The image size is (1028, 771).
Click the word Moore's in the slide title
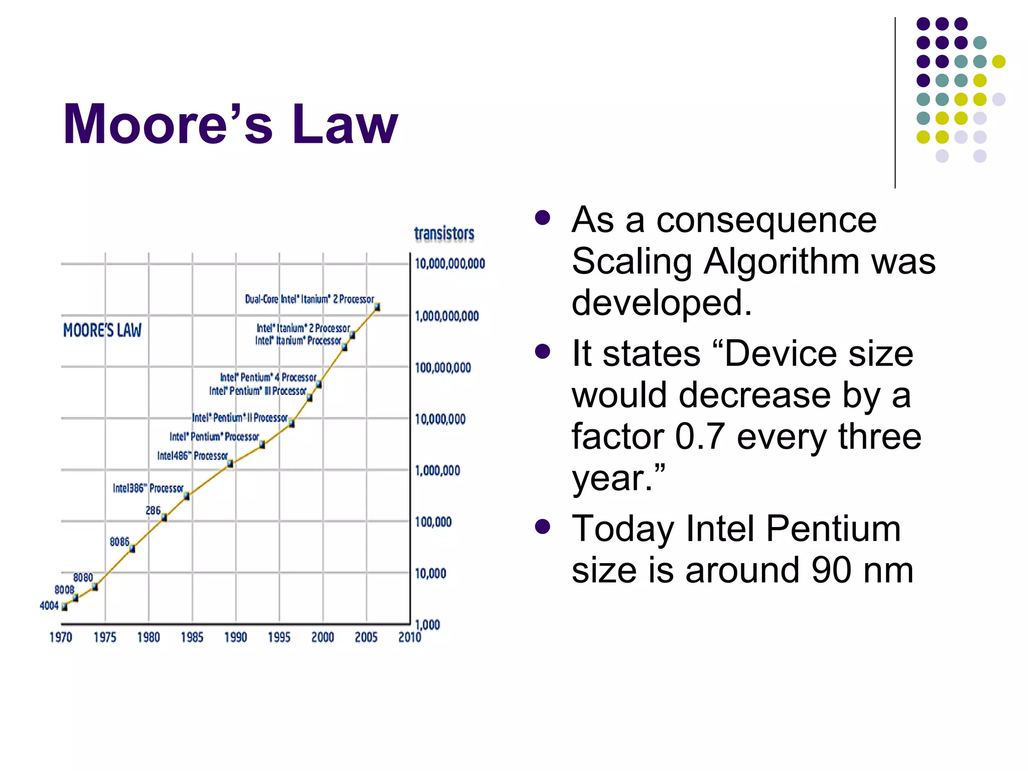click(168, 124)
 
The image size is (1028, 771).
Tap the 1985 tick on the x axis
click(192, 637)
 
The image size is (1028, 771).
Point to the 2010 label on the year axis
click(410, 637)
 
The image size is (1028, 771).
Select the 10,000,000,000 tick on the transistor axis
click(450, 264)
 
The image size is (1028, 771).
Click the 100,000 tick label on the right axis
click(433, 522)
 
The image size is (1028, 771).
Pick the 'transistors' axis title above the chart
click(444, 233)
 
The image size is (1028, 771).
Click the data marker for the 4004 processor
click(64, 607)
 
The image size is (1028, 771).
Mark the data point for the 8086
click(132, 549)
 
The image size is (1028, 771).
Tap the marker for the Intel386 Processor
click(186, 496)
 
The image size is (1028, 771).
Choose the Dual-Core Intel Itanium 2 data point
click(377, 307)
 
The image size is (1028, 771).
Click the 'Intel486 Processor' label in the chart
click(192, 456)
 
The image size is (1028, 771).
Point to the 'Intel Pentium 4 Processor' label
click(268, 377)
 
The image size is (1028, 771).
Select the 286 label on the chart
click(153, 510)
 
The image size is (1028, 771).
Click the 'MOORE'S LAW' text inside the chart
click(102, 330)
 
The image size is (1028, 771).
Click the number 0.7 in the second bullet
click(700, 436)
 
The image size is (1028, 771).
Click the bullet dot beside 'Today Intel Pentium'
click(543, 527)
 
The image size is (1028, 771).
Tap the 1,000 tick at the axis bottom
click(427, 625)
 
